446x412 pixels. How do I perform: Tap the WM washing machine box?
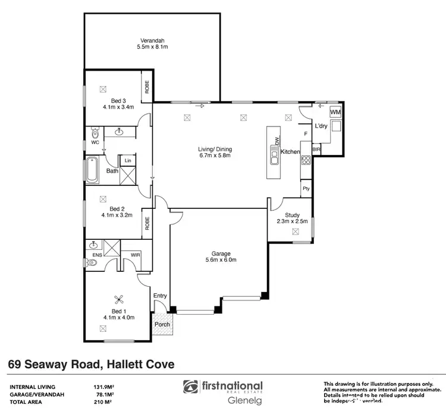(x=335, y=112)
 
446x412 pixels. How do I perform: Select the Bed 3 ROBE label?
(x=146, y=87)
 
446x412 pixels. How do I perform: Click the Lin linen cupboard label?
(x=127, y=161)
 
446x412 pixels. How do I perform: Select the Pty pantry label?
(x=306, y=189)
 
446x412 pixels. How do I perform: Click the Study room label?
(x=292, y=215)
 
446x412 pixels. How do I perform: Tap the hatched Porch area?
(x=162, y=325)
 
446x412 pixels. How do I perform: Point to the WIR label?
(x=136, y=256)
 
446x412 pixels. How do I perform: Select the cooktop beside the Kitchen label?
(x=306, y=160)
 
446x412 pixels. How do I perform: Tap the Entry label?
(x=160, y=296)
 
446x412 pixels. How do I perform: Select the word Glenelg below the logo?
(x=245, y=400)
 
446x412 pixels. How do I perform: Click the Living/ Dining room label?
(x=215, y=149)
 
